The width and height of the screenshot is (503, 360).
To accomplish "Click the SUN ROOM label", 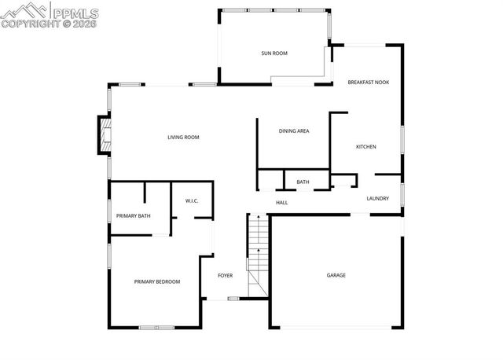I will (x=274, y=53).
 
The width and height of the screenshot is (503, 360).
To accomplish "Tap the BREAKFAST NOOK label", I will (x=369, y=82).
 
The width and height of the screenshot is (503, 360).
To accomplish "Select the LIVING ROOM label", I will (x=183, y=138).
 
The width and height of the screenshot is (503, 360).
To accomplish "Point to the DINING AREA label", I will (x=293, y=131).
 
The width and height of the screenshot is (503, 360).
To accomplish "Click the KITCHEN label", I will (x=366, y=147).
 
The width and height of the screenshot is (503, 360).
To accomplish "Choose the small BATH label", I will (x=303, y=182).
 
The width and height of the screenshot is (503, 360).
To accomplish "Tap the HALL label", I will (x=281, y=203).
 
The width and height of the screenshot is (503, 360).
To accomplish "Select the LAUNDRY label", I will (x=378, y=198).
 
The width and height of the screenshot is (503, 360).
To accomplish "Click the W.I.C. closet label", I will (x=192, y=201).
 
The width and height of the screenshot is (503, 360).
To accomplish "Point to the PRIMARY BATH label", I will (x=134, y=216).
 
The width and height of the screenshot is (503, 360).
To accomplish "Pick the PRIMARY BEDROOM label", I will (x=157, y=281).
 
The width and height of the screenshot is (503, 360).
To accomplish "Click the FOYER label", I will (x=226, y=275).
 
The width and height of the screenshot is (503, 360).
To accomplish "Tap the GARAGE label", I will (x=336, y=275).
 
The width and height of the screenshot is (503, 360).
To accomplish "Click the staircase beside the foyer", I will (x=259, y=255).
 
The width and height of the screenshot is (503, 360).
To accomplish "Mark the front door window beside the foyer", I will (x=233, y=299).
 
